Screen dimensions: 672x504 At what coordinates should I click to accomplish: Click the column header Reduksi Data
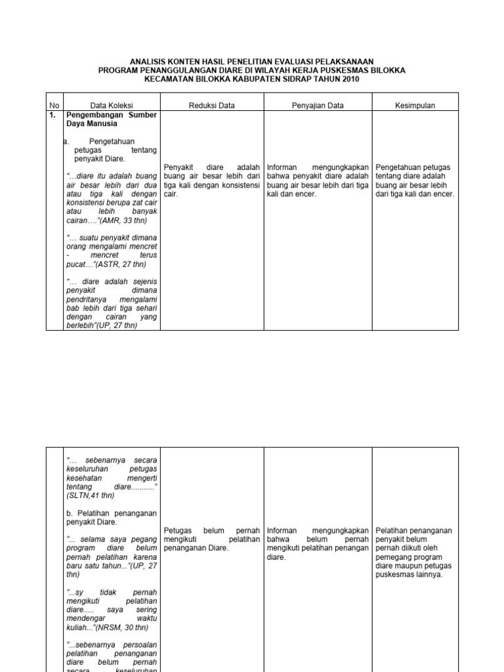pos(212,105)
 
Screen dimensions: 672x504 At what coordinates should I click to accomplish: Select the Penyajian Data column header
pos(318,105)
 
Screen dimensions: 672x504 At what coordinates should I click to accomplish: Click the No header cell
pos(54,105)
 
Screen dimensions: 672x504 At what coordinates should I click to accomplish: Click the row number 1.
pos(52,115)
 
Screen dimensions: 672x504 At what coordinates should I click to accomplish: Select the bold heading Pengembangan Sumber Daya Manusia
pos(112,119)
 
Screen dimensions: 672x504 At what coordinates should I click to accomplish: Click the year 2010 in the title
pos(349,79)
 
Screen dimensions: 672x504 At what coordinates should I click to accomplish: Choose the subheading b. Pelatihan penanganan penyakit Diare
pos(112,517)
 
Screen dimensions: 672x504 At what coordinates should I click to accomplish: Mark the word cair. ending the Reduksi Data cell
pos(171,194)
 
